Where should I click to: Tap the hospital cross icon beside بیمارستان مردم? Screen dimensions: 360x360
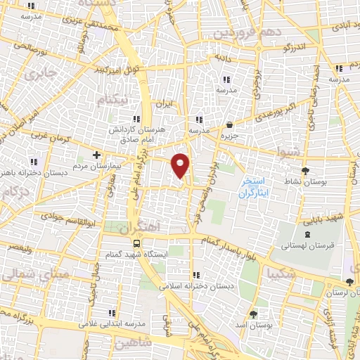[x=97, y=155]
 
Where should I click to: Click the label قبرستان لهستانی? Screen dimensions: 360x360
[x=304, y=246]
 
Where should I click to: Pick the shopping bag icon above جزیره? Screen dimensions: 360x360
[x=230, y=124]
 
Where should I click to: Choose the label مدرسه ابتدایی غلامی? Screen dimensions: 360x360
[x=111, y=323]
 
